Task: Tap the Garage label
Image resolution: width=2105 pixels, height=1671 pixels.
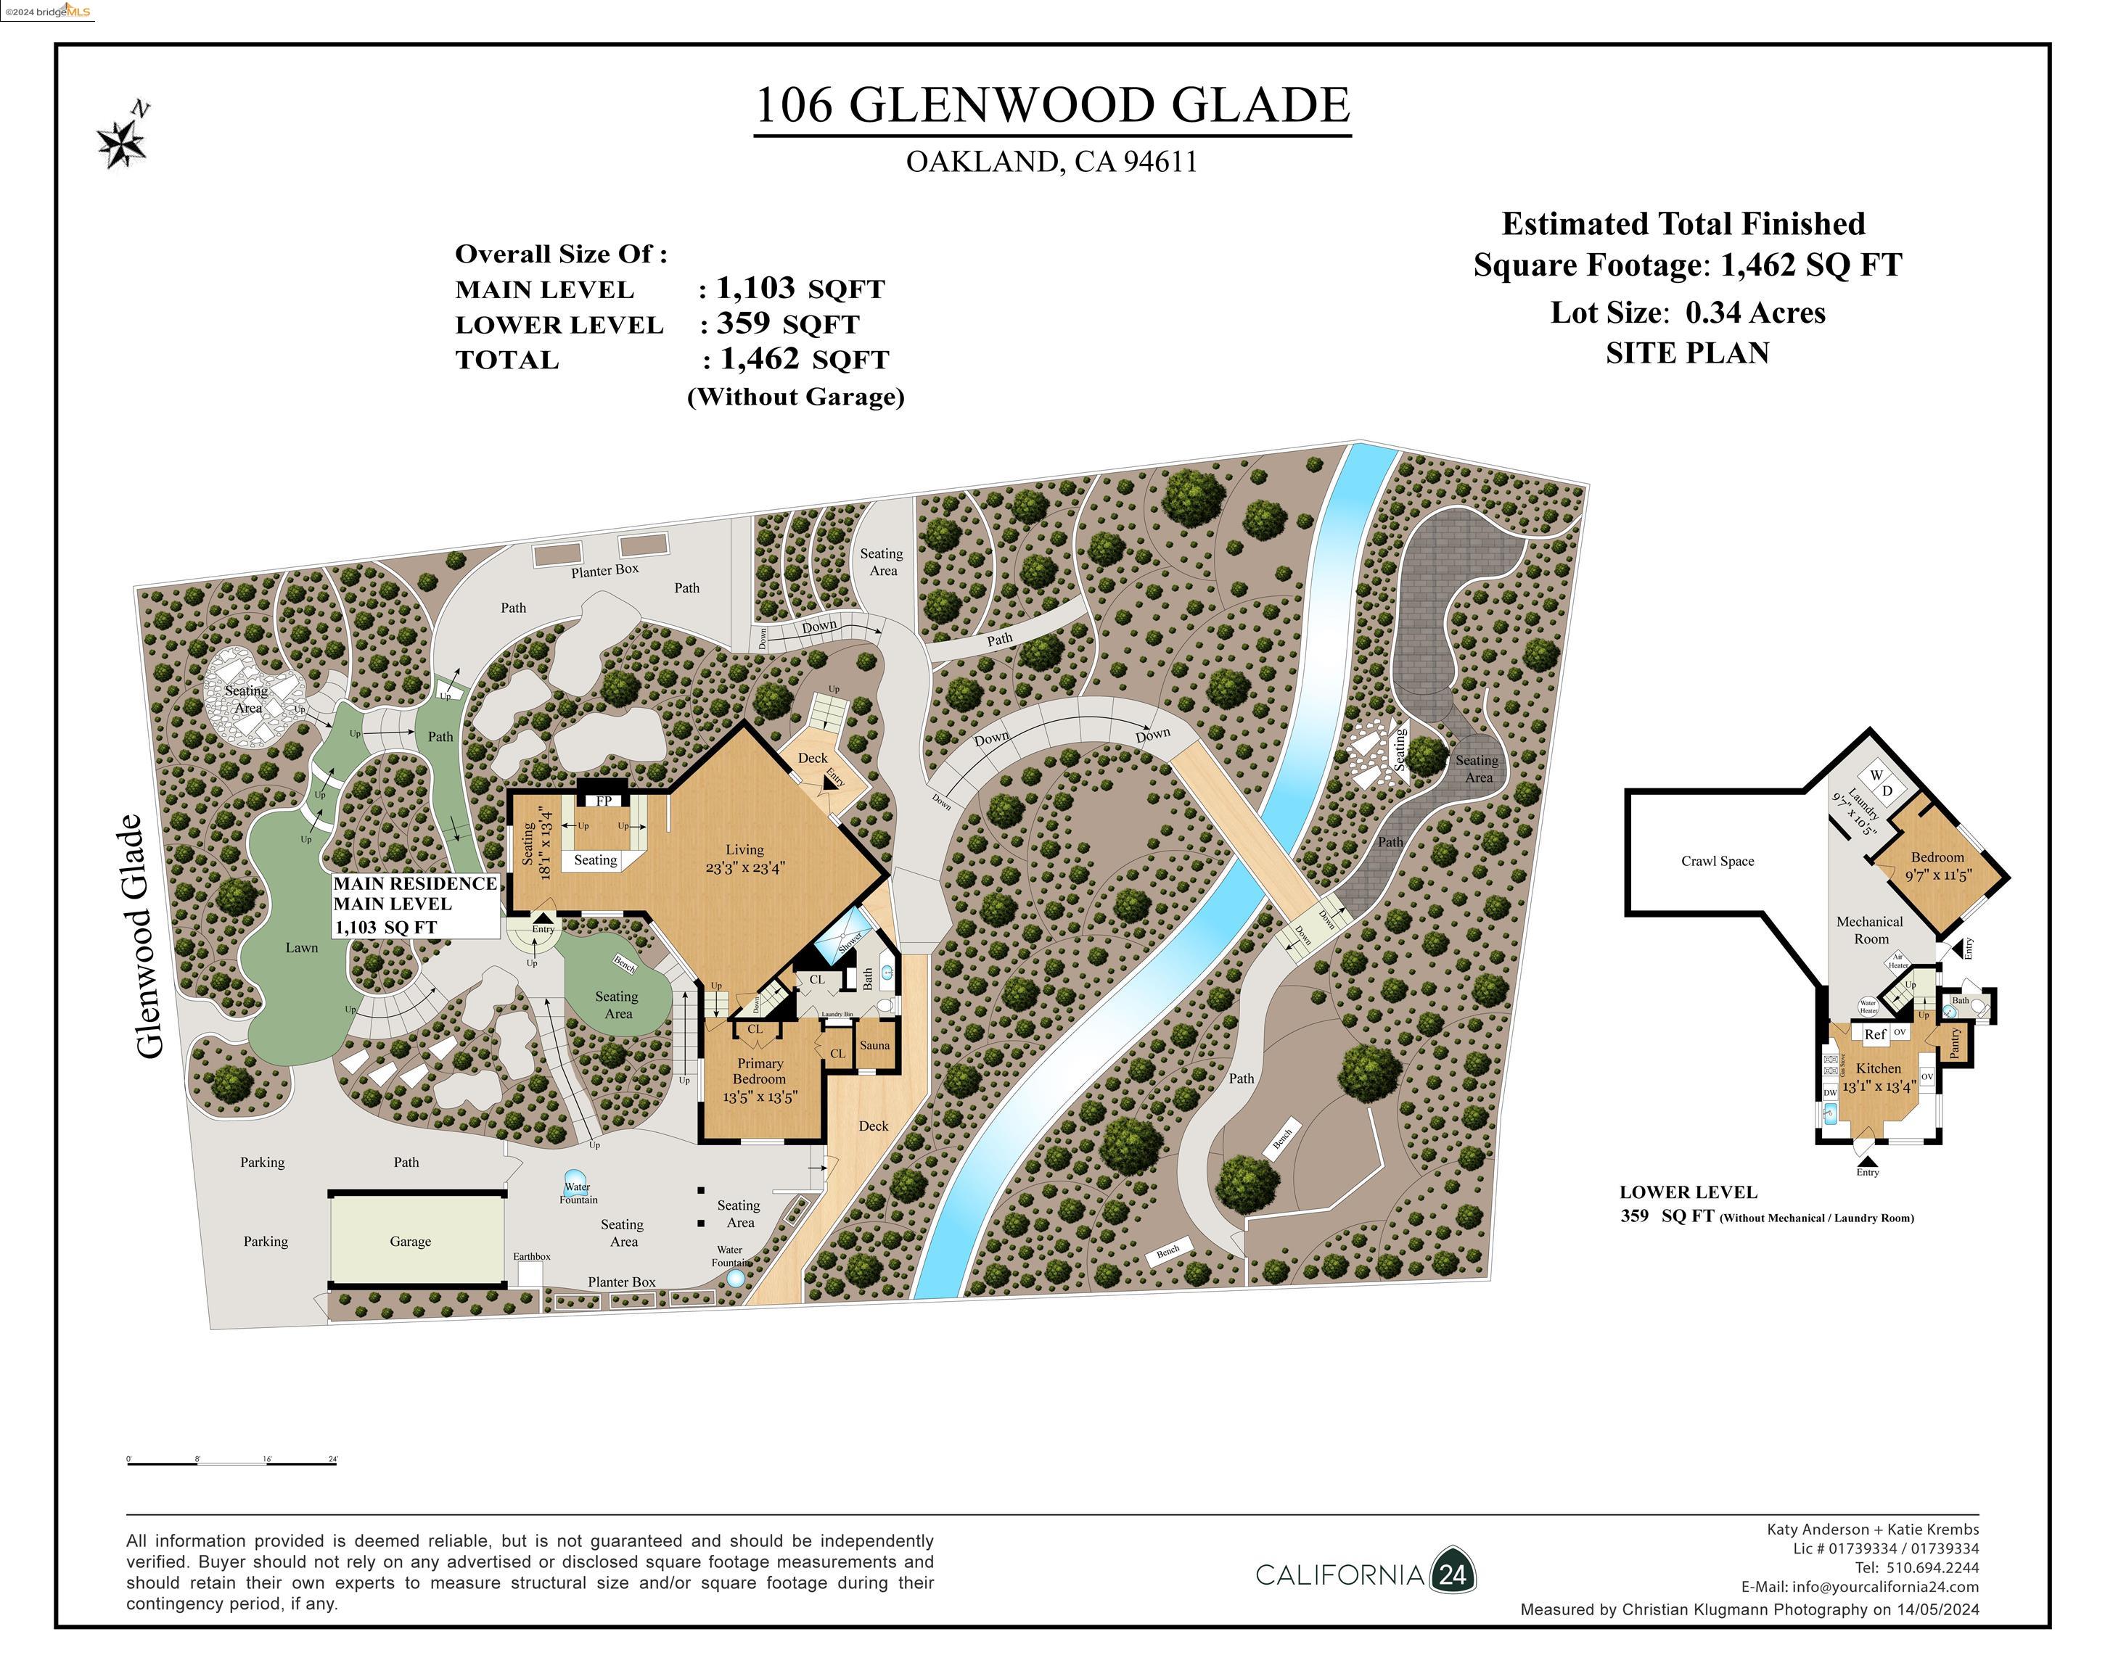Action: (410, 1242)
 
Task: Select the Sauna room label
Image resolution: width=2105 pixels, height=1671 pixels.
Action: (875, 1045)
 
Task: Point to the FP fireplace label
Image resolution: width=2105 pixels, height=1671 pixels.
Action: (604, 801)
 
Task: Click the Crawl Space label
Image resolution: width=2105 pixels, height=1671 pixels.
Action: (1718, 861)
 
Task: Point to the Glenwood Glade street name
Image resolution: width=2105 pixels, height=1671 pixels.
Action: (149, 937)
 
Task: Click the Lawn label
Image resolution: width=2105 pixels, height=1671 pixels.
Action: (302, 948)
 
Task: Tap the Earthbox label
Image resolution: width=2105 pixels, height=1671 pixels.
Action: (532, 1257)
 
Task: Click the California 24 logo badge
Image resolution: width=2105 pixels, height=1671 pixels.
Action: (1453, 1575)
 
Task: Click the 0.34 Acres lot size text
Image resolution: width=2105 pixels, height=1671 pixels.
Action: (1755, 313)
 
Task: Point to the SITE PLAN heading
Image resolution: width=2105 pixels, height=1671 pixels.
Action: (1687, 353)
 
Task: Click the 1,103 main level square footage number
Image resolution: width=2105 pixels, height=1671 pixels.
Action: (755, 288)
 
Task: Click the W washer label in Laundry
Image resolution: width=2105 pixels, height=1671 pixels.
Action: (1876, 775)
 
